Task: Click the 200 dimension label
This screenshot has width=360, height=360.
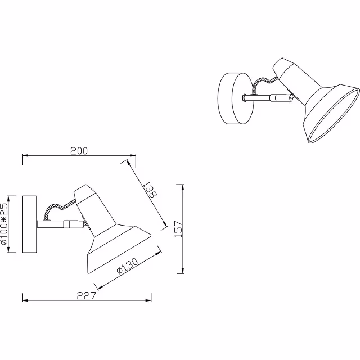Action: click(x=79, y=150)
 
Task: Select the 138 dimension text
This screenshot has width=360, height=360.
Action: click(x=150, y=190)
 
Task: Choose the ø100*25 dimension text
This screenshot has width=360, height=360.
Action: click(x=4, y=224)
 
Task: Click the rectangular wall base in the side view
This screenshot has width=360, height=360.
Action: click(x=29, y=224)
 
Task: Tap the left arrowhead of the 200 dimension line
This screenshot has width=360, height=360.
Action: click(x=24, y=156)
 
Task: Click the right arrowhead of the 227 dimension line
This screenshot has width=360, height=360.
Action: click(x=150, y=299)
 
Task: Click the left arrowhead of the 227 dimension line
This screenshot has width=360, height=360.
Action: click(x=24, y=299)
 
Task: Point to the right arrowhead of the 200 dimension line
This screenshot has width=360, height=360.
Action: click(x=133, y=156)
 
